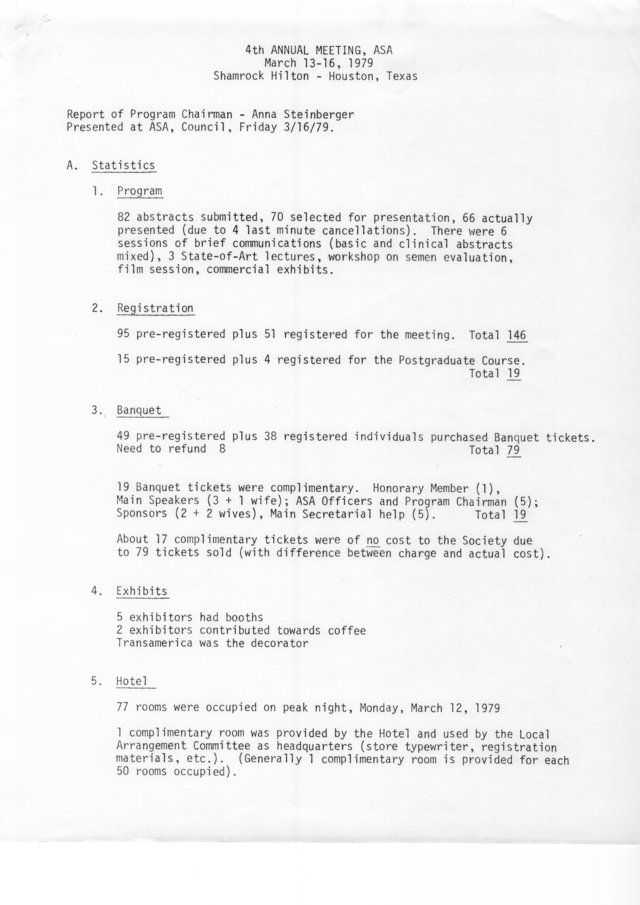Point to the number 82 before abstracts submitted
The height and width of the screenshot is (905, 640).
click(x=123, y=217)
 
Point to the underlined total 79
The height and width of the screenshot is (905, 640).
click(x=513, y=450)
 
